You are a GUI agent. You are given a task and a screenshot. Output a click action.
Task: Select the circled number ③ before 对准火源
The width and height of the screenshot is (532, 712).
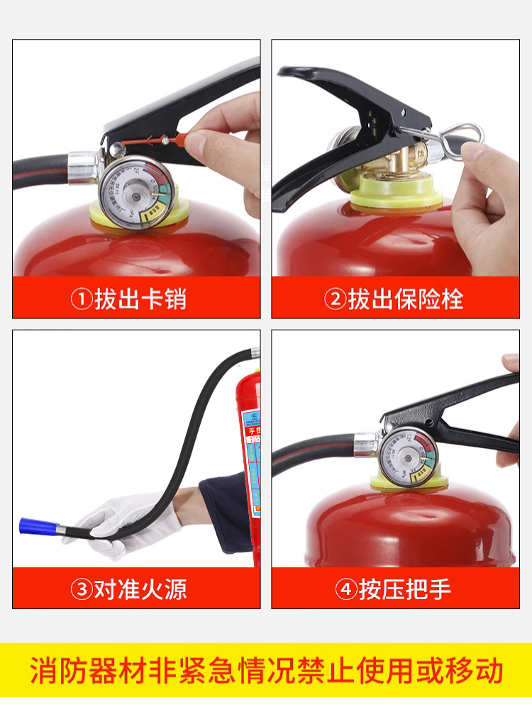[x=82, y=589]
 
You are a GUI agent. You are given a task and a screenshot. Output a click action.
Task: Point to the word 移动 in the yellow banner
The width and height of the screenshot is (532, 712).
[x=480, y=670]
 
